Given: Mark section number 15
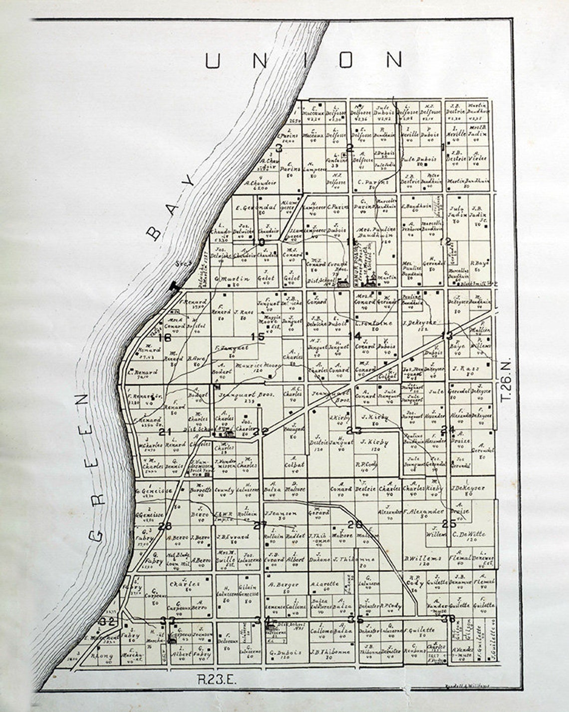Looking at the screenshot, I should click(258, 337).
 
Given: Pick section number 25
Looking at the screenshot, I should click(449, 523).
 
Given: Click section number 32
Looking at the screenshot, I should click(107, 621).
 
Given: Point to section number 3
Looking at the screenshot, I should click(279, 148).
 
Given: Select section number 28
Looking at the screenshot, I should click(165, 525).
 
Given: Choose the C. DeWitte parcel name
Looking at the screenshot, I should click(469, 535).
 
